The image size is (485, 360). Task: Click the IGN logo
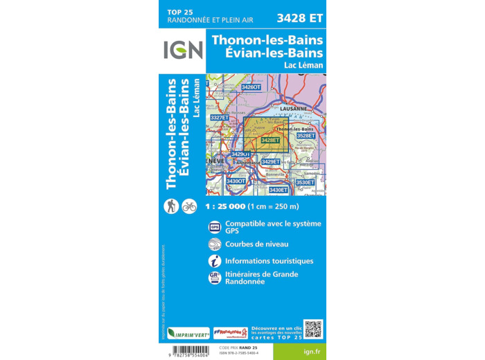tap(183, 50)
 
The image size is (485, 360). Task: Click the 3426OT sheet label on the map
tap(251, 87)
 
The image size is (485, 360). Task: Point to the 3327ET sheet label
tap(220, 118)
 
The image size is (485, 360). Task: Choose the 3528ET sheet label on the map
tap(306, 136)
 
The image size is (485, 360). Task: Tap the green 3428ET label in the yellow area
tap(270, 141)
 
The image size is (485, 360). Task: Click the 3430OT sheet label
tap(236, 181)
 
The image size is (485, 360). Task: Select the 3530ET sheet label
tap(305, 182)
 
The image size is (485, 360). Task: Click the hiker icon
tap(171, 206)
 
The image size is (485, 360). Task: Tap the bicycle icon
tap(189, 206)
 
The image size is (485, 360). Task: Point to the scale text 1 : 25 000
tap(234, 206)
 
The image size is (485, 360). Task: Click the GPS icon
tap(215, 227)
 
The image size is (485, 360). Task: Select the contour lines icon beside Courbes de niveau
tap(215, 244)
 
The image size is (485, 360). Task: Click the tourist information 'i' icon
tap(215, 261)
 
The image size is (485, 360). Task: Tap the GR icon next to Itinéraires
tap(215, 278)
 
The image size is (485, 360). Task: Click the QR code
tap(313, 329)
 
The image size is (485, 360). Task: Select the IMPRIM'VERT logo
tap(188, 333)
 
